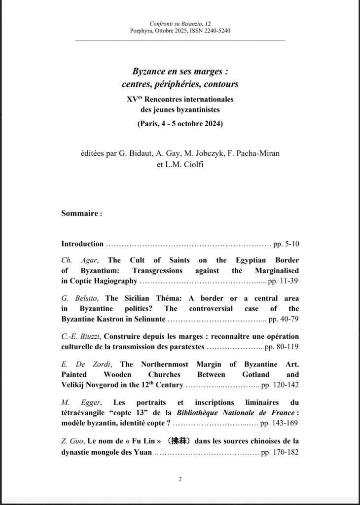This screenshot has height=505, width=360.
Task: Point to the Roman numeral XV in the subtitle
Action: pos(132,99)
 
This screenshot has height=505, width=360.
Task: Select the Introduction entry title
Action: pos(82,244)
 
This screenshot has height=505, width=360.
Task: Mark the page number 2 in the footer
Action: pos(180,479)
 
